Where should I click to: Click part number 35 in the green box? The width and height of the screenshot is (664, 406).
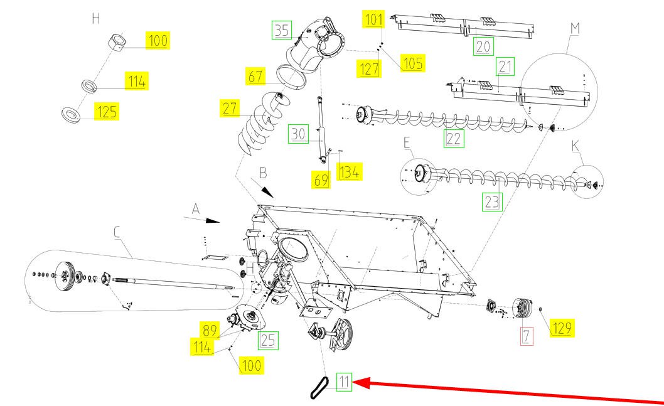[x=282, y=30]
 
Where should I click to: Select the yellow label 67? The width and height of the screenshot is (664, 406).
[x=255, y=77]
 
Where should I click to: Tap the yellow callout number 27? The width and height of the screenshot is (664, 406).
[x=230, y=108]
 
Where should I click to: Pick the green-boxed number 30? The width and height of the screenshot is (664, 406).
[x=297, y=134]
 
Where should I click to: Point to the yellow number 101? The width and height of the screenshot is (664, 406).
[x=373, y=19]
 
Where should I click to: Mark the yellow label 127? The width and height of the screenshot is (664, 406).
[x=370, y=68]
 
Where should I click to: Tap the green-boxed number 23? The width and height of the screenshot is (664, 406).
[x=491, y=201]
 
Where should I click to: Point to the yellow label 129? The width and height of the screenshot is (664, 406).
[x=562, y=327]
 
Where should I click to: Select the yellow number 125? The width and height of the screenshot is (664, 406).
[x=106, y=112]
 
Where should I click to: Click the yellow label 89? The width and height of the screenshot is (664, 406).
[x=208, y=329]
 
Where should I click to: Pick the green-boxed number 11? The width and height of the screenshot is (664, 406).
[x=344, y=382]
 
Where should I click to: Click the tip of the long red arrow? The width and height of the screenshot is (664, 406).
[x=355, y=382]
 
